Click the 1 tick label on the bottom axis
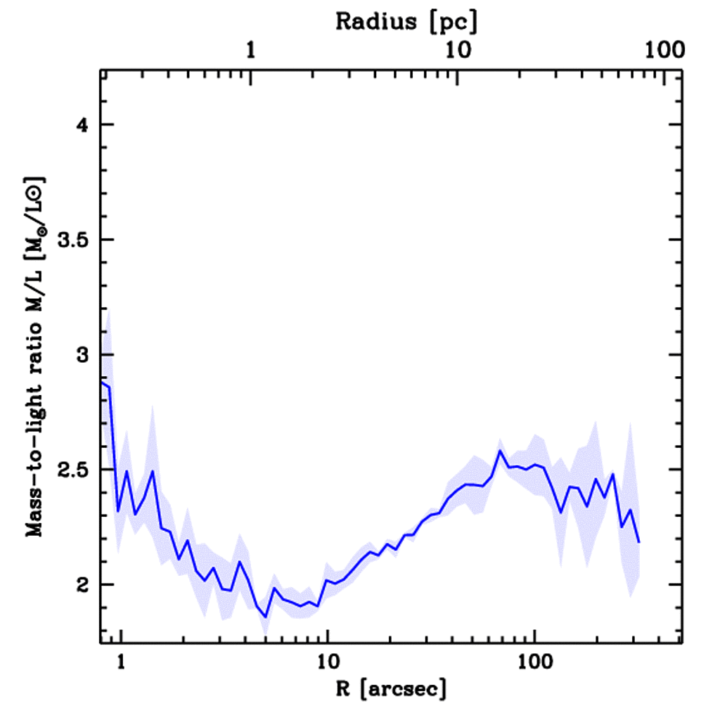click(x=121, y=661)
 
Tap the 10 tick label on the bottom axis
click(x=327, y=661)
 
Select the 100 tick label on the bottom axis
click(x=534, y=661)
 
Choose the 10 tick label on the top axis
click(x=458, y=51)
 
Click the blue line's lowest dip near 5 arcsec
click(x=266, y=617)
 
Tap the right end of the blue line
click(x=639, y=542)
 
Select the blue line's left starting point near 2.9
click(x=102, y=382)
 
